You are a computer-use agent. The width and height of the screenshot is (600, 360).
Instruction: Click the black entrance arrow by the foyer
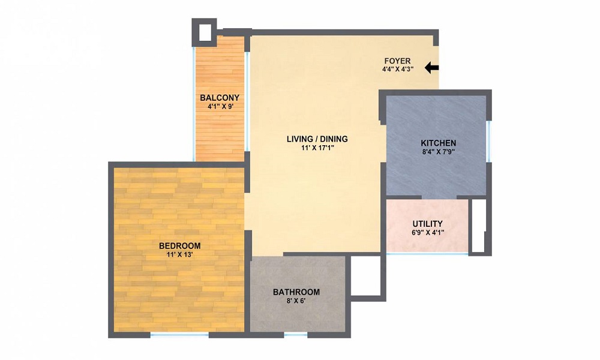pos(431,68)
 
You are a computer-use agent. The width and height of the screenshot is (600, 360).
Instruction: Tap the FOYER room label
pos(397,61)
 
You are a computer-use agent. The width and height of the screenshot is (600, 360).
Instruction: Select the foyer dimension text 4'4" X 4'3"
pos(397,70)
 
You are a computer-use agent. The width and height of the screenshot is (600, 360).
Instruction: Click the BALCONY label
pos(220,98)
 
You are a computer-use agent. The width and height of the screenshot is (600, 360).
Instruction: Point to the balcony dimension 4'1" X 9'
pos(220,107)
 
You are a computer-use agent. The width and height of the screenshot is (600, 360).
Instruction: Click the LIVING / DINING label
pos(317,139)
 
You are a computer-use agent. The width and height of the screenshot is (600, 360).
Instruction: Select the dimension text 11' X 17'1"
pos(317,148)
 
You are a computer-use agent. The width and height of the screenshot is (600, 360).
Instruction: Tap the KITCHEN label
pos(438,143)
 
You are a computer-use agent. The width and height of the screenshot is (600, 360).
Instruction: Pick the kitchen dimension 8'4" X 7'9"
pos(438,152)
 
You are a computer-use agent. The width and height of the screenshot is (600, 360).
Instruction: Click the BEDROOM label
pos(179,246)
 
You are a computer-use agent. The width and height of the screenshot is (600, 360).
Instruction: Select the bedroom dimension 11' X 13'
pos(179,254)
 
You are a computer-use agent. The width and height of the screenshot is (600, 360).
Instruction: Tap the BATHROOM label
pos(296,292)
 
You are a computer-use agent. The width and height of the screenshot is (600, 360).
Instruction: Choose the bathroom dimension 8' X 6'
pos(296,301)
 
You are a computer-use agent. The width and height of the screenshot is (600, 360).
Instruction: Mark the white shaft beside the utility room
pos(478,225)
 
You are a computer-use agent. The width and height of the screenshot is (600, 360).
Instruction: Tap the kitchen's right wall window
pos(489,141)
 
